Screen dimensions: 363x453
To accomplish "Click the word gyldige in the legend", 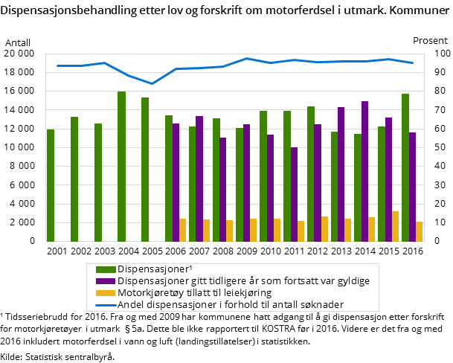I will [x=352, y=280].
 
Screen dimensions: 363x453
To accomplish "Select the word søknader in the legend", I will [x=320, y=304].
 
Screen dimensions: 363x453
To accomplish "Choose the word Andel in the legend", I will [x=132, y=304].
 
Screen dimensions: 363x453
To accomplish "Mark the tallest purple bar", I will [x=364, y=171].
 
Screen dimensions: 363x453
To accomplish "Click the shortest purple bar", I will [x=294, y=194].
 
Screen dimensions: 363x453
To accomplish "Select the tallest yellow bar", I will [x=396, y=226].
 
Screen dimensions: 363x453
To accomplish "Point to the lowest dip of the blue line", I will [x=152, y=83].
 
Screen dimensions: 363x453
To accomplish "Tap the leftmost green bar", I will [x=51, y=185].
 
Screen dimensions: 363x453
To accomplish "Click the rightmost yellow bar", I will [x=420, y=231].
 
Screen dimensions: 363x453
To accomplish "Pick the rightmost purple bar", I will [x=412, y=187].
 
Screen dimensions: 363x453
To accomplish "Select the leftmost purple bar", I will [x=176, y=182].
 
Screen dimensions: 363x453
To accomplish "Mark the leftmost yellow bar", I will [x=183, y=230].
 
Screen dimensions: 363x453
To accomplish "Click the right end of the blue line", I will [x=413, y=62].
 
